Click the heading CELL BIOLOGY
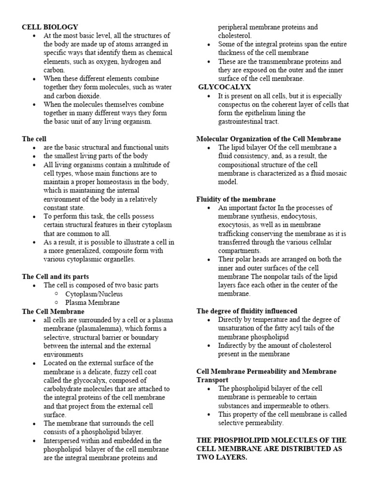(50, 27)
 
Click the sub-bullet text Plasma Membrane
(93, 302)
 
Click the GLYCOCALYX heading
(225, 87)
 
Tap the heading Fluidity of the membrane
(236, 199)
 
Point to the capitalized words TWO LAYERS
(222, 457)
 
